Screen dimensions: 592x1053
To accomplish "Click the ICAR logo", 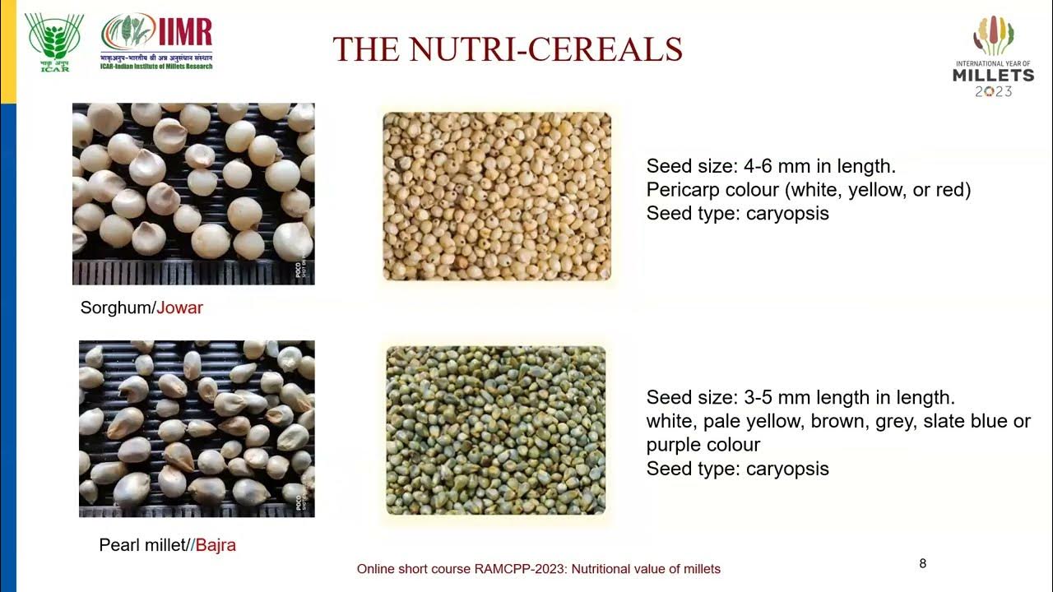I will coord(53,42).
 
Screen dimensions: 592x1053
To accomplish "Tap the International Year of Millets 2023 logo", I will coord(993,56).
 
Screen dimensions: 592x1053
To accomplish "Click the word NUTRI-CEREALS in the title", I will coord(546,49).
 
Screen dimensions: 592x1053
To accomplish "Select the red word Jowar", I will coord(179,308).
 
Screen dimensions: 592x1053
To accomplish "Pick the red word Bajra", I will coord(216,545).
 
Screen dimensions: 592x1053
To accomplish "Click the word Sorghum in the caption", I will coord(116,308).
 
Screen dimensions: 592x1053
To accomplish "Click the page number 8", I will coord(922,563).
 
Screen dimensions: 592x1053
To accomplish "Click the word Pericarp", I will coord(681,190).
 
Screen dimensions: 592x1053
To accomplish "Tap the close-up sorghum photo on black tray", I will coord(193,193).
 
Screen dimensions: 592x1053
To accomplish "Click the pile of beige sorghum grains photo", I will coord(497,197).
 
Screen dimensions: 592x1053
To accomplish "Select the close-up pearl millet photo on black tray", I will coord(197,428).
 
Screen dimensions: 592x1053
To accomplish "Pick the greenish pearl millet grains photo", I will coord(496,430).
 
